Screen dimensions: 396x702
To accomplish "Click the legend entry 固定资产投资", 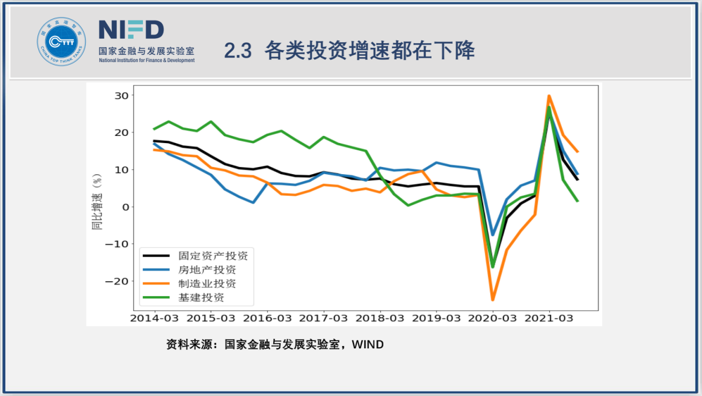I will pyautogui.click(x=213, y=256).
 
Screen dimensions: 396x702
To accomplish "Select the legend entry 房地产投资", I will pyautogui.click(x=207, y=270).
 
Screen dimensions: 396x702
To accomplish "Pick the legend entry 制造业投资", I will pyautogui.click(x=207, y=284).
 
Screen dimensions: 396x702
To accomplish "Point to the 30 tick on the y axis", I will pyautogui.click(x=121, y=95).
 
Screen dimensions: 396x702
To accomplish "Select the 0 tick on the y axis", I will pyautogui.click(x=125, y=207).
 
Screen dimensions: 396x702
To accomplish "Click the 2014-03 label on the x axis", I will pyautogui.click(x=154, y=319).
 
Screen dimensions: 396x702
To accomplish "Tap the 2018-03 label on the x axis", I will pyautogui.click(x=380, y=319).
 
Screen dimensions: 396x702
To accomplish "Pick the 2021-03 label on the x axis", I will pyautogui.click(x=549, y=319).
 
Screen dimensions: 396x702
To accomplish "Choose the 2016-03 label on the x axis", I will pyautogui.click(x=267, y=319).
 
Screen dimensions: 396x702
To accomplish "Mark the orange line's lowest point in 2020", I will pyautogui.click(x=492, y=300).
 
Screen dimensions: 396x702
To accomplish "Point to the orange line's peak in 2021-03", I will pyautogui.click(x=549, y=96).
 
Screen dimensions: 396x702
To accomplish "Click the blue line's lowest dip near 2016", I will pyautogui.click(x=253, y=202).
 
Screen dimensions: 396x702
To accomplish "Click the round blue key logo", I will pyautogui.click(x=62, y=42).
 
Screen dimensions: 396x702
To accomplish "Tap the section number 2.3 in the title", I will pyautogui.click(x=238, y=51).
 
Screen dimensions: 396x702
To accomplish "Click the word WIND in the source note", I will pyautogui.click(x=368, y=344).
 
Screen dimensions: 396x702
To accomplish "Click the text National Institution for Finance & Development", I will pyautogui.click(x=147, y=60).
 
